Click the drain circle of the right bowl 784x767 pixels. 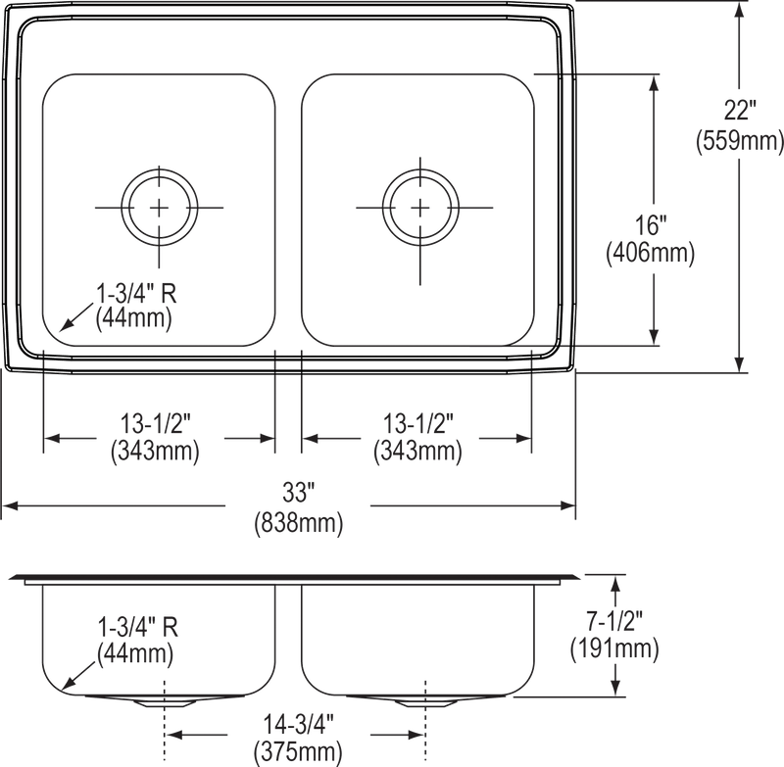pyautogui.click(x=420, y=206)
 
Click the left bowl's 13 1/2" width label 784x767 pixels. pyautogui.click(x=157, y=440)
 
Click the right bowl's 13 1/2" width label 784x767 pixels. pyautogui.click(x=416, y=440)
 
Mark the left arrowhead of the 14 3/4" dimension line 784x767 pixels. pyautogui.click(x=174, y=732)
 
